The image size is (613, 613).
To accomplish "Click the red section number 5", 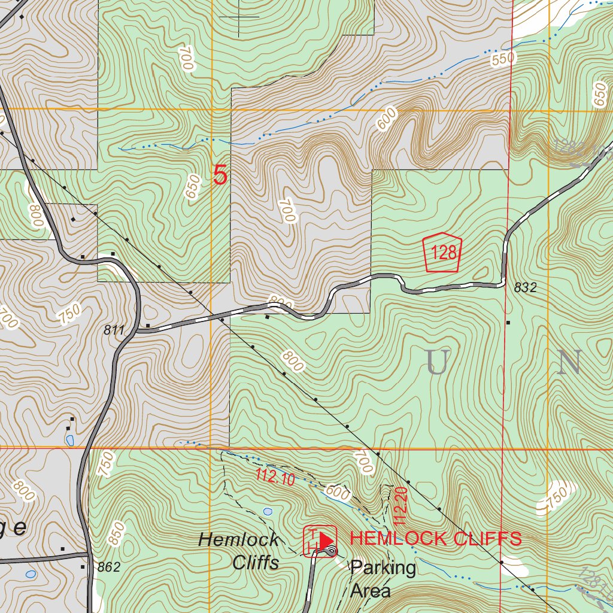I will (220, 175).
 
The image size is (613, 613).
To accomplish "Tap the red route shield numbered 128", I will (443, 253).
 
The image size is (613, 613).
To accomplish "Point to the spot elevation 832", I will (525, 288).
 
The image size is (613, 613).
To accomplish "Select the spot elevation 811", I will (113, 330).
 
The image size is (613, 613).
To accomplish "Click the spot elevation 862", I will (108, 567).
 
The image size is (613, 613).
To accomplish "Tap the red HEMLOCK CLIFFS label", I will (435, 538).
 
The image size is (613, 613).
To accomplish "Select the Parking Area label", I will (383, 579).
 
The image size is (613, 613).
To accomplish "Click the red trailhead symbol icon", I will (319, 541).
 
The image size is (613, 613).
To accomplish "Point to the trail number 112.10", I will (275, 478).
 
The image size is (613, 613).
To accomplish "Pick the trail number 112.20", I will (400, 503).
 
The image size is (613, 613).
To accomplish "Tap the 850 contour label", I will (117, 533).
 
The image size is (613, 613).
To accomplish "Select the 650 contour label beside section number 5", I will (193, 187).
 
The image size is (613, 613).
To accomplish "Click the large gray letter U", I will (437, 363).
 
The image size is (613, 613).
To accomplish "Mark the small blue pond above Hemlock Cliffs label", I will (268, 512).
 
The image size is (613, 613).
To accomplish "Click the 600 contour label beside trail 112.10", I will (337, 494).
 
